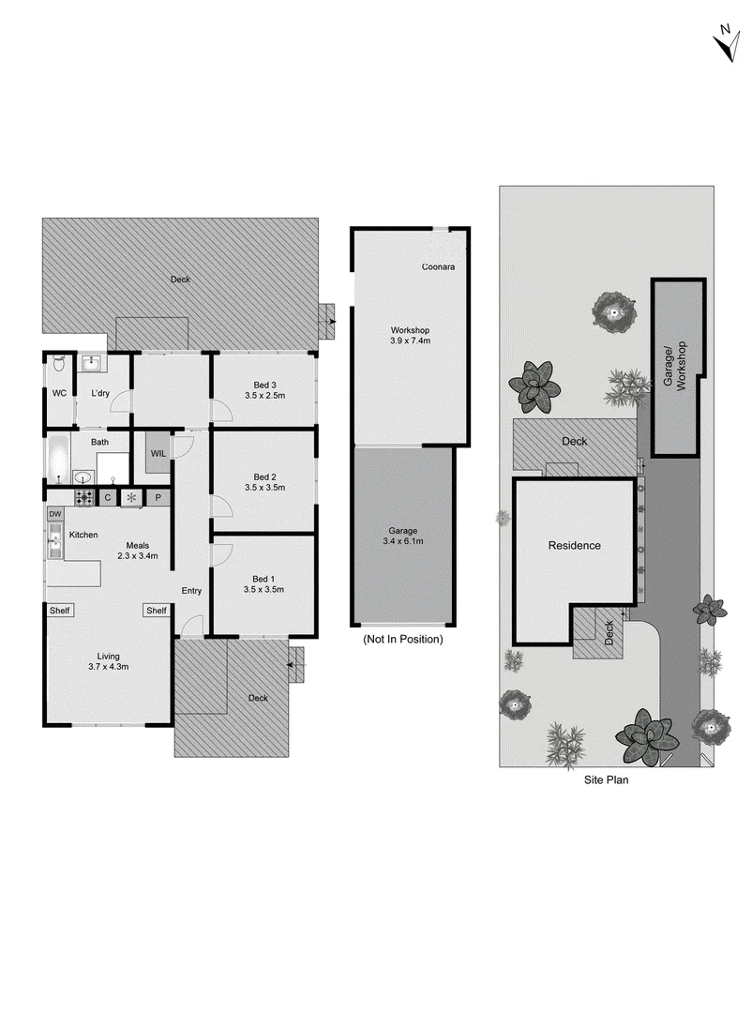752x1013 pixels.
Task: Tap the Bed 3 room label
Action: pos(265,385)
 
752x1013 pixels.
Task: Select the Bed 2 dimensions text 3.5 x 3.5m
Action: pos(265,488)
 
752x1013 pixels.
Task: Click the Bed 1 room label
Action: pos(265,579)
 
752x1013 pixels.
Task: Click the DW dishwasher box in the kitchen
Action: pos(54,514)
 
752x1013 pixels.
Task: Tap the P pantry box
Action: pos(158,497)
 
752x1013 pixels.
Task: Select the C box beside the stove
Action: pos(108,497)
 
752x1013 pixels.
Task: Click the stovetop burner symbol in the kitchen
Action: pos(84,497)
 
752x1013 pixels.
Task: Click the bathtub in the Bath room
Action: pos(56,461)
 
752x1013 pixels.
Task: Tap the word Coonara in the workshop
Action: pos(438,268)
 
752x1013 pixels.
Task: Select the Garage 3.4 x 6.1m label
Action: pos(404,536)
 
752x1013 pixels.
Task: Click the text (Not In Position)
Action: pos(402,639)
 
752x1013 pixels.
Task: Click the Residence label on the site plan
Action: pos(574,545)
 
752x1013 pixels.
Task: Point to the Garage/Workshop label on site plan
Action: pos(675,366)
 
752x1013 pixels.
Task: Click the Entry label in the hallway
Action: pos(191,590)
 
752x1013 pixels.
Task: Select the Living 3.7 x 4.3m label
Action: pos(108,661)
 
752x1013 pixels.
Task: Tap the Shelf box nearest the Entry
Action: pos(156,611)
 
